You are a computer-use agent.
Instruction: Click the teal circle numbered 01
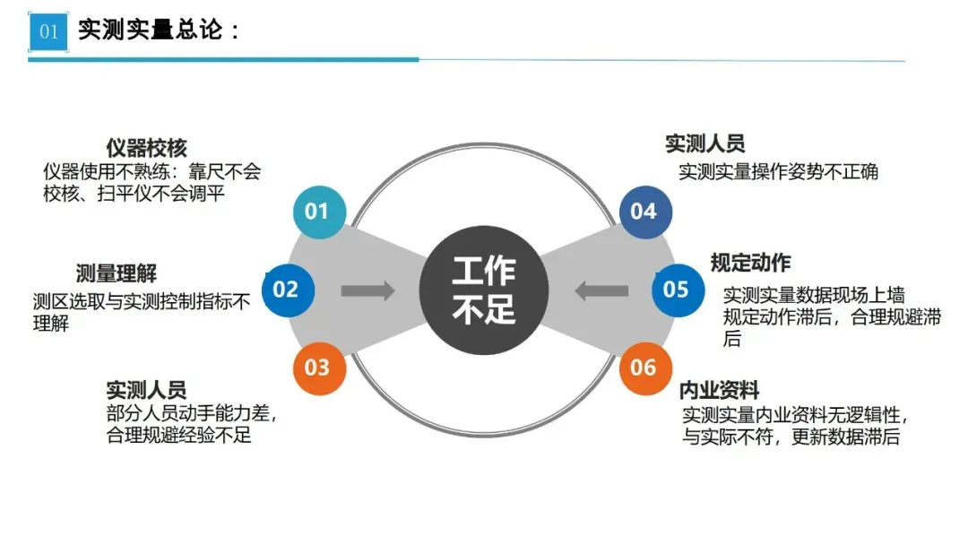coord(317,212)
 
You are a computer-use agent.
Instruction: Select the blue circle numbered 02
coord(286,290)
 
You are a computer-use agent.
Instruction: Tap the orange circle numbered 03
coord(317,367)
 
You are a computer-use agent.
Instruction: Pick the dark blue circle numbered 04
coord(644,212)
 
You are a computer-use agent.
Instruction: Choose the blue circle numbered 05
coord(676,290)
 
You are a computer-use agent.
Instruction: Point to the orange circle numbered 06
coord(644,367)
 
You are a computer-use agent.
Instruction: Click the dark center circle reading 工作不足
coord(484,290)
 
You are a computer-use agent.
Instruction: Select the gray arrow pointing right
coord(367,290)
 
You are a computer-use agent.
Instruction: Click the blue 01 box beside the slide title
coord(48,32)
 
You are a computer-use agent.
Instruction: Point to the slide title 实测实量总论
coord(159,30)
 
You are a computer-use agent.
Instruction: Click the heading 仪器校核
coord(146,148)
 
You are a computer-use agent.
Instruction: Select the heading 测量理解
coord(116,273)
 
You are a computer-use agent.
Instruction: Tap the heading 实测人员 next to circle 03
coord(146,390)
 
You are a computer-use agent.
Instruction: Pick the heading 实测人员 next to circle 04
coord(704,143)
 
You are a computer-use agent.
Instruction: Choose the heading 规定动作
coord(750,263)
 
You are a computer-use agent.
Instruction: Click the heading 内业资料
coord(720,390)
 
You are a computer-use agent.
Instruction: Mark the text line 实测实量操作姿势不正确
coord(778,171)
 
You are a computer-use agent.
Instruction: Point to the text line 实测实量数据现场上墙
coord(814,294)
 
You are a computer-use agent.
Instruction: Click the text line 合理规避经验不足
coord(179,437)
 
